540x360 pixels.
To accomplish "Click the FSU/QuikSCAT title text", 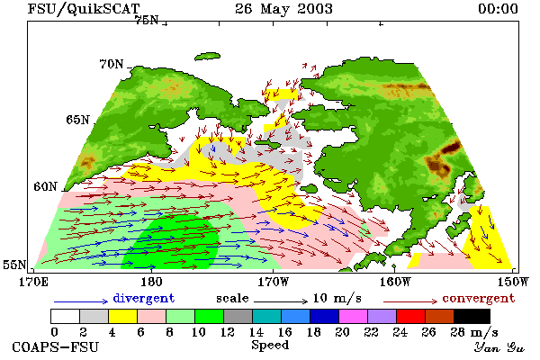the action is click(84, 9).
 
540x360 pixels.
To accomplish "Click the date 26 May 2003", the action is click(283, 9).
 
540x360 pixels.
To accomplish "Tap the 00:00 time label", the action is click(498, 9).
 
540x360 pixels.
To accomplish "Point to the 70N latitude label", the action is click(112, 64).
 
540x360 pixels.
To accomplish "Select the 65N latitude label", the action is click(77, 120).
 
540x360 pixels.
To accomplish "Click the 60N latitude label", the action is click(45, 186).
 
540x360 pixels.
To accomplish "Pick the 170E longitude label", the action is click(33, 282).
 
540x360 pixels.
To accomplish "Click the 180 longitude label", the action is click(151, 282).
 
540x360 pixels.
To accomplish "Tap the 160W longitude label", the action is click(395, 282).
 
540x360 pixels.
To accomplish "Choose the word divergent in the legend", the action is click(144, 298).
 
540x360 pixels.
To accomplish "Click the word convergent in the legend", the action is click(479, 298).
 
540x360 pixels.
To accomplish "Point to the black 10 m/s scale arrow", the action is click(281, 301).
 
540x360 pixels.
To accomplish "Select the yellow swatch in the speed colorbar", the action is click(122, 316).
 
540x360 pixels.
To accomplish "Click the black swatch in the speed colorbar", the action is click(472, 316).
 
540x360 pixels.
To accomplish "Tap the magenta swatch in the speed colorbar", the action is click(354, 316).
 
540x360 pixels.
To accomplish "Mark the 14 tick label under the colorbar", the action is click(256, 332).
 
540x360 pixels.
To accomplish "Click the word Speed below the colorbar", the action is click(270, 345).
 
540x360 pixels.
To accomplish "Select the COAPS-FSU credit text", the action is click(55, 346).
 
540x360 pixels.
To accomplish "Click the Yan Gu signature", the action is click(499, 347).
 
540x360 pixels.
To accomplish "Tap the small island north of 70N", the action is click(207, 57).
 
